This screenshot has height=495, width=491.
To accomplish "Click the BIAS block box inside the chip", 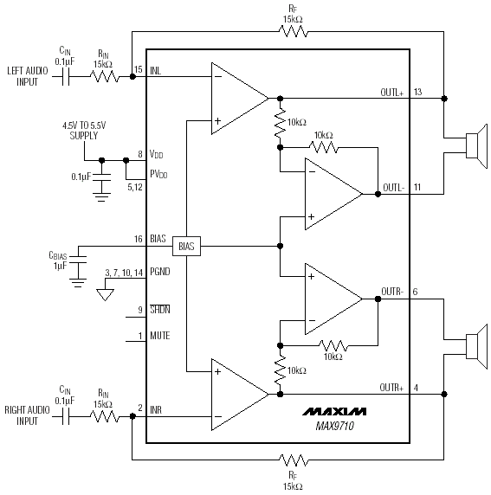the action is (x=186, y=246).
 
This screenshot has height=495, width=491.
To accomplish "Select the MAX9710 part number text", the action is (x=334, y=426).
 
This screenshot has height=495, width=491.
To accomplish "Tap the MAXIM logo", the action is (x=334, y=411).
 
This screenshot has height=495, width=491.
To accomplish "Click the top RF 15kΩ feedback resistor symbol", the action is (x=293, y=31).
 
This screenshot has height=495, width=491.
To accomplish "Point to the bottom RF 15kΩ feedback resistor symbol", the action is (x=294, y=460).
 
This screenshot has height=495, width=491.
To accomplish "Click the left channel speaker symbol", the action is (x=477, y=146).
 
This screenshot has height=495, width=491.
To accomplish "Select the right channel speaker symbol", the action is (x=477, y=347).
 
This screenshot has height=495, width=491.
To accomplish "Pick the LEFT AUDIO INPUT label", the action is (x=28, y=76).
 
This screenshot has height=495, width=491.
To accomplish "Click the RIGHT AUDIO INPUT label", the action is (x=27, y=415).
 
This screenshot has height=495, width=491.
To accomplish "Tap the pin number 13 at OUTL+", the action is (x=417, y=92).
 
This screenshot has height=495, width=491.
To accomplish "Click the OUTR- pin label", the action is (x=392, y=292).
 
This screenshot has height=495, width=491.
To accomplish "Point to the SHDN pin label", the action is (x=160, y=310).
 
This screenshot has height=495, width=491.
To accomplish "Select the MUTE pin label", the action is (x=160, y=335).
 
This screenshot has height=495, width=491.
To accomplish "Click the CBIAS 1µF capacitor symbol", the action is (x=78, y=259).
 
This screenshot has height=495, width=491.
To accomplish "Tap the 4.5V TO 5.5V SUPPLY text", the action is (x=84, y=131).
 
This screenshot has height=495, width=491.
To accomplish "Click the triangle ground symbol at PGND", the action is (x=105, y=295).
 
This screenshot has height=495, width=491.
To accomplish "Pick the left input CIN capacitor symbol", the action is (x=66, y=76).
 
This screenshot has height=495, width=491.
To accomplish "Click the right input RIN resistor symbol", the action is (x=105, y=416).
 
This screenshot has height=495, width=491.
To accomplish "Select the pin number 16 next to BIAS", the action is (x=138, y=239).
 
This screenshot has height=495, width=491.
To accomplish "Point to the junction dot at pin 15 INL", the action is (x=132, y=76).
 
